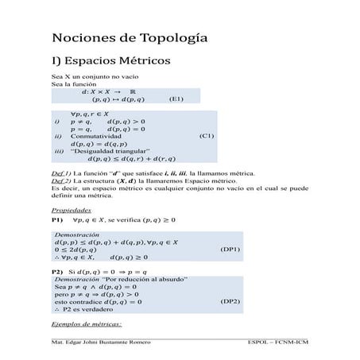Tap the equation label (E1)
[x=177, y=99]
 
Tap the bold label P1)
[x=57, y=219]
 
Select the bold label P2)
[x=57, y=271]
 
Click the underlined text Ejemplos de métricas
[x=86, y=324]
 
